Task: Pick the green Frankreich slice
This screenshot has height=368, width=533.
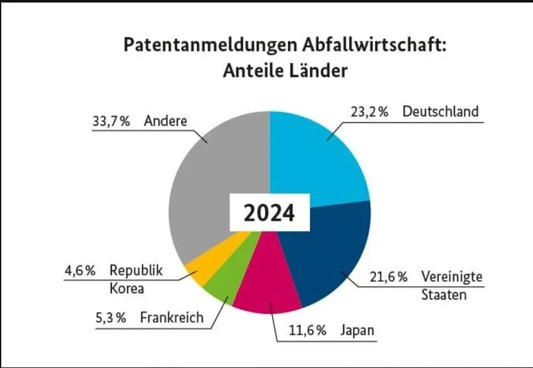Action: coord(221,286)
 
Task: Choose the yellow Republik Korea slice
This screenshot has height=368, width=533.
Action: coord(202,267)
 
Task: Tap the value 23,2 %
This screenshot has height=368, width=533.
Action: coord(368,112)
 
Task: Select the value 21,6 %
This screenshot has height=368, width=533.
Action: coord(387,277)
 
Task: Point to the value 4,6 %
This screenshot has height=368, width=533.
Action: coord(80,271)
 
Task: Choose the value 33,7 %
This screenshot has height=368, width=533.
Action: coord(111,121)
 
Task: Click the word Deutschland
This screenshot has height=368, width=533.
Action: coord(441,112)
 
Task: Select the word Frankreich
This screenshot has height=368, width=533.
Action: coord(172,317)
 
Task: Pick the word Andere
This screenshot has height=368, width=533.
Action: coord(165,121)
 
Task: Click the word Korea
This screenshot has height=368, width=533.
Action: coord(127,289)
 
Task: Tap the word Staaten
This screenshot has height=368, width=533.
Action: coord(444,294)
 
